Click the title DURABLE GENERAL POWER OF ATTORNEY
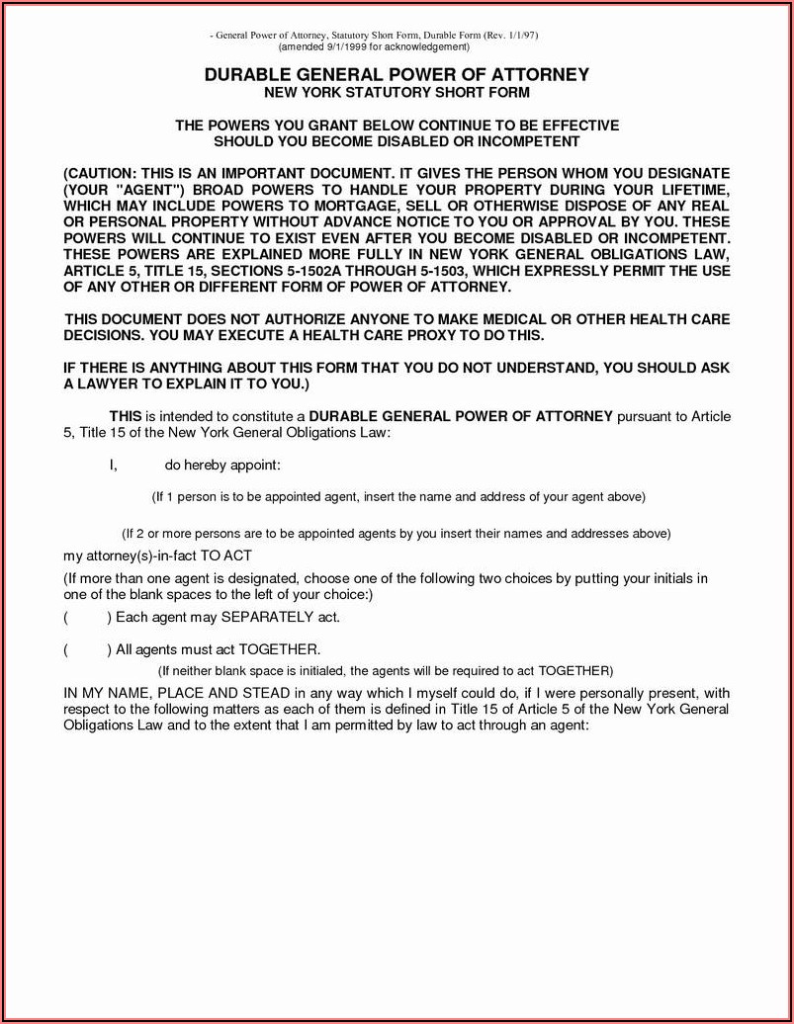coord(397,74)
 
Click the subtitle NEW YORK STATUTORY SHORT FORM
coord(397,93)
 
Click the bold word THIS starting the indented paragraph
coord(126,416)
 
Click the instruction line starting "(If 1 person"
coord(397,496)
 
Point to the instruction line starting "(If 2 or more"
coord(396,534)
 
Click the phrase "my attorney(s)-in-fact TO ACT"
coord(164,555)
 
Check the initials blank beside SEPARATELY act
coord(87,618)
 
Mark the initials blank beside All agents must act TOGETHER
coord(87,649)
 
